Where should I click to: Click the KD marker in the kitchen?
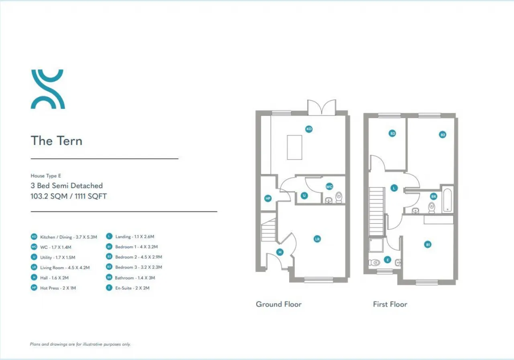[x=309, y=129]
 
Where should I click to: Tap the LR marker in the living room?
[x=317, y=239]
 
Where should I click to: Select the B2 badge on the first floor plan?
[x=443, y=135]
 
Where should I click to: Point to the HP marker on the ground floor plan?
[x=268, y=198]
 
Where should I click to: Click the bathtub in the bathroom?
[x=447, y=200]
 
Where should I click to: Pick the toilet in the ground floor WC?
[x=339, y=197]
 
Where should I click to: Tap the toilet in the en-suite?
[x=374, y=262]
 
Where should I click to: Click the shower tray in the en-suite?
[x=376, y=245]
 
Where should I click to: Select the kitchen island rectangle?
[x=294, y=147]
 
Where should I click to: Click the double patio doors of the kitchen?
[x=322, y=107]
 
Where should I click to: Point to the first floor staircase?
[x=376, y=211]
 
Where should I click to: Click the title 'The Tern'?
[x=57, y=141]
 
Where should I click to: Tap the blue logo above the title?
[x=48, y=89]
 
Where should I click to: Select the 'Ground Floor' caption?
[x=279, y=304]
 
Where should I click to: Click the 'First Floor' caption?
[x=390, y=304]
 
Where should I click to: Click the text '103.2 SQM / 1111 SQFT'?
[x=69, y=196]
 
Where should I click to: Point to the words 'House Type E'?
[x=46, y=176]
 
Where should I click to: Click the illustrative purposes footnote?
[x=80, y=344]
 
